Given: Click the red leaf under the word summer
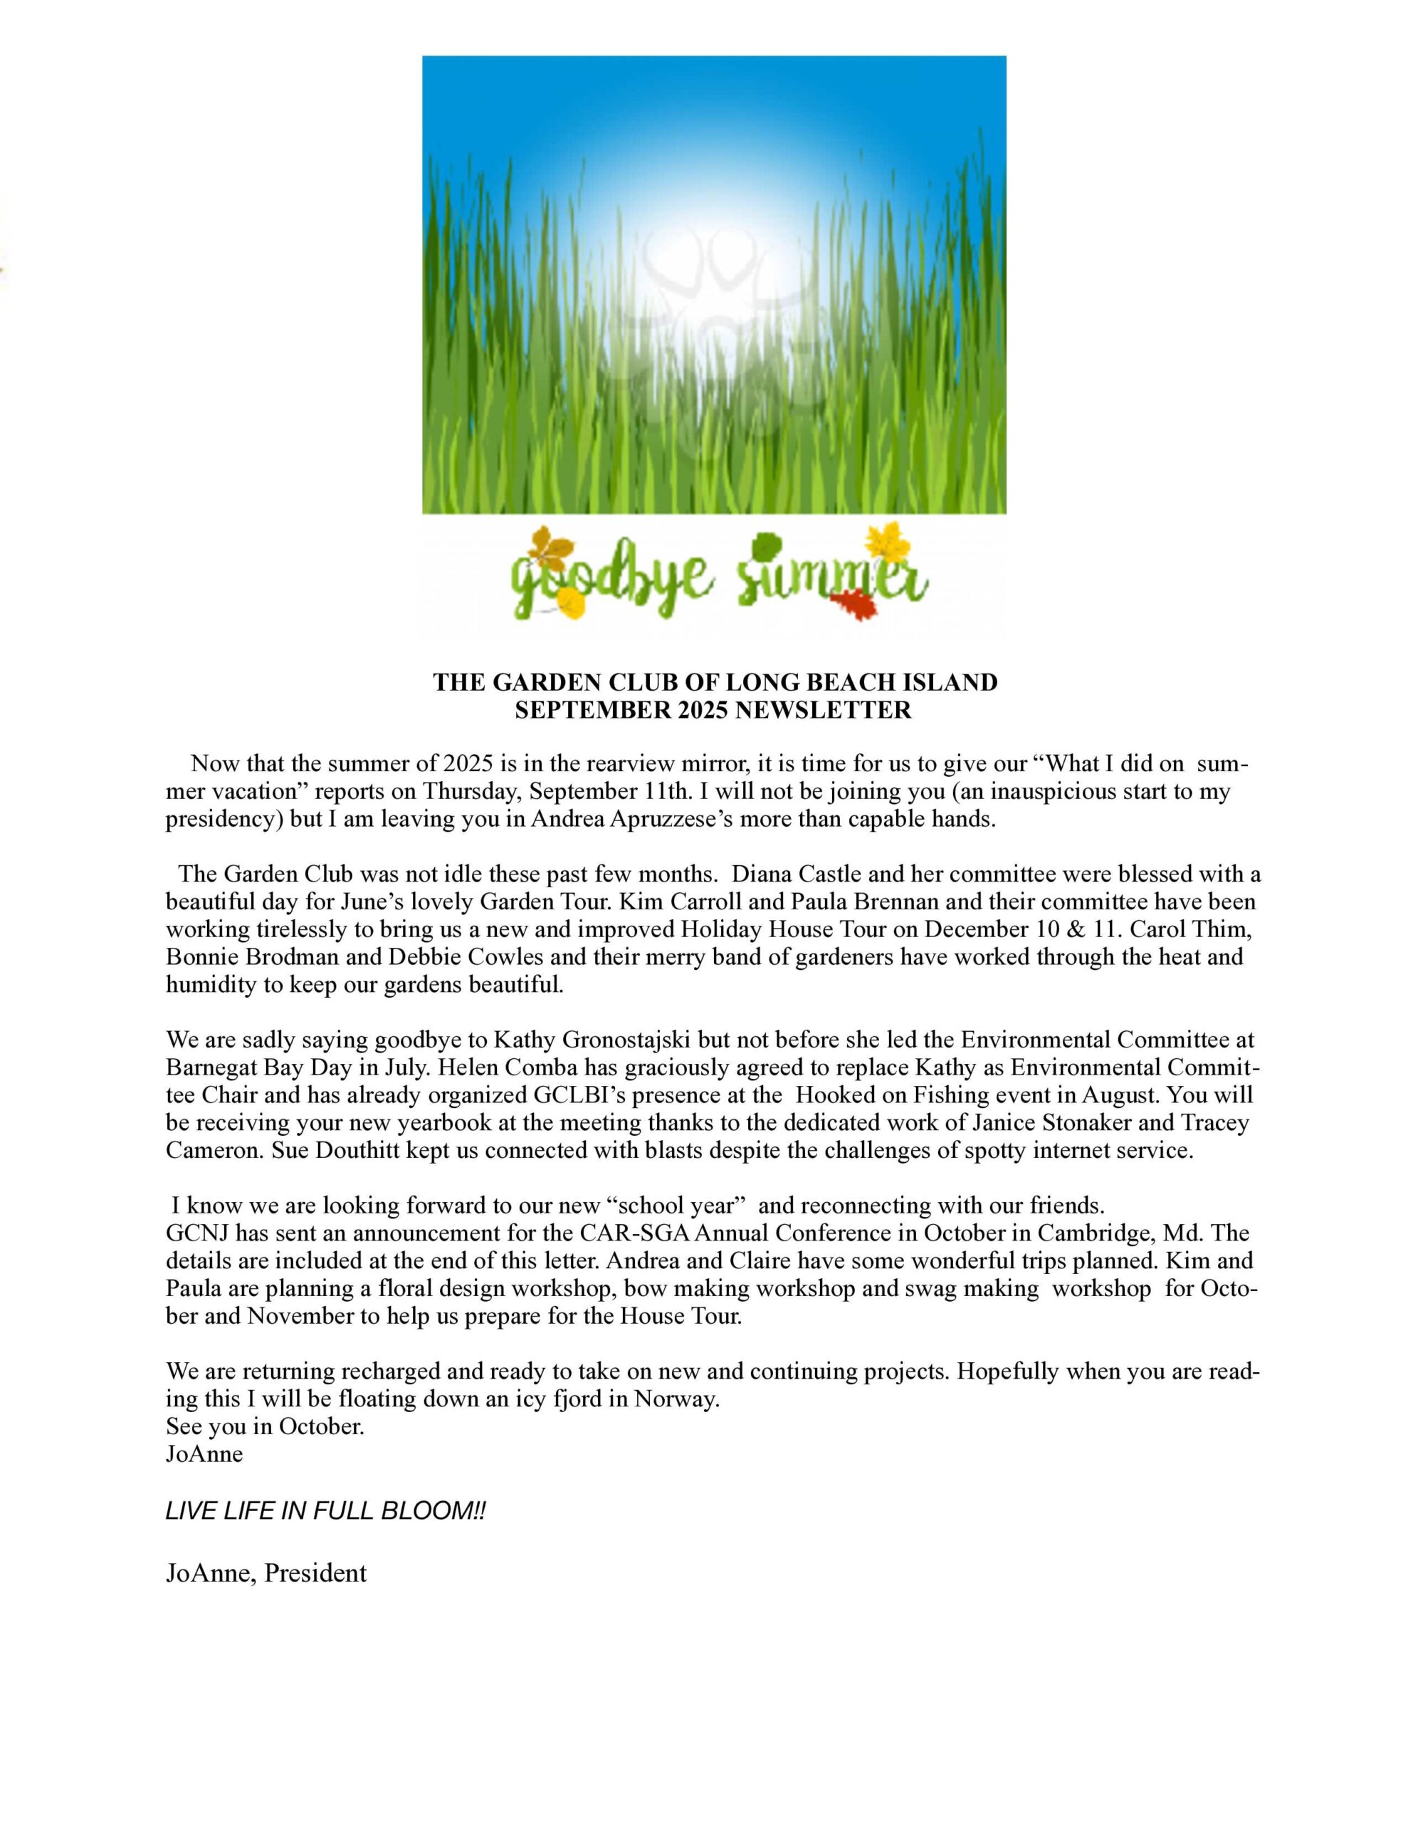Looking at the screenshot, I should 853,601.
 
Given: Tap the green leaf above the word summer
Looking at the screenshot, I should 765,548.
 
